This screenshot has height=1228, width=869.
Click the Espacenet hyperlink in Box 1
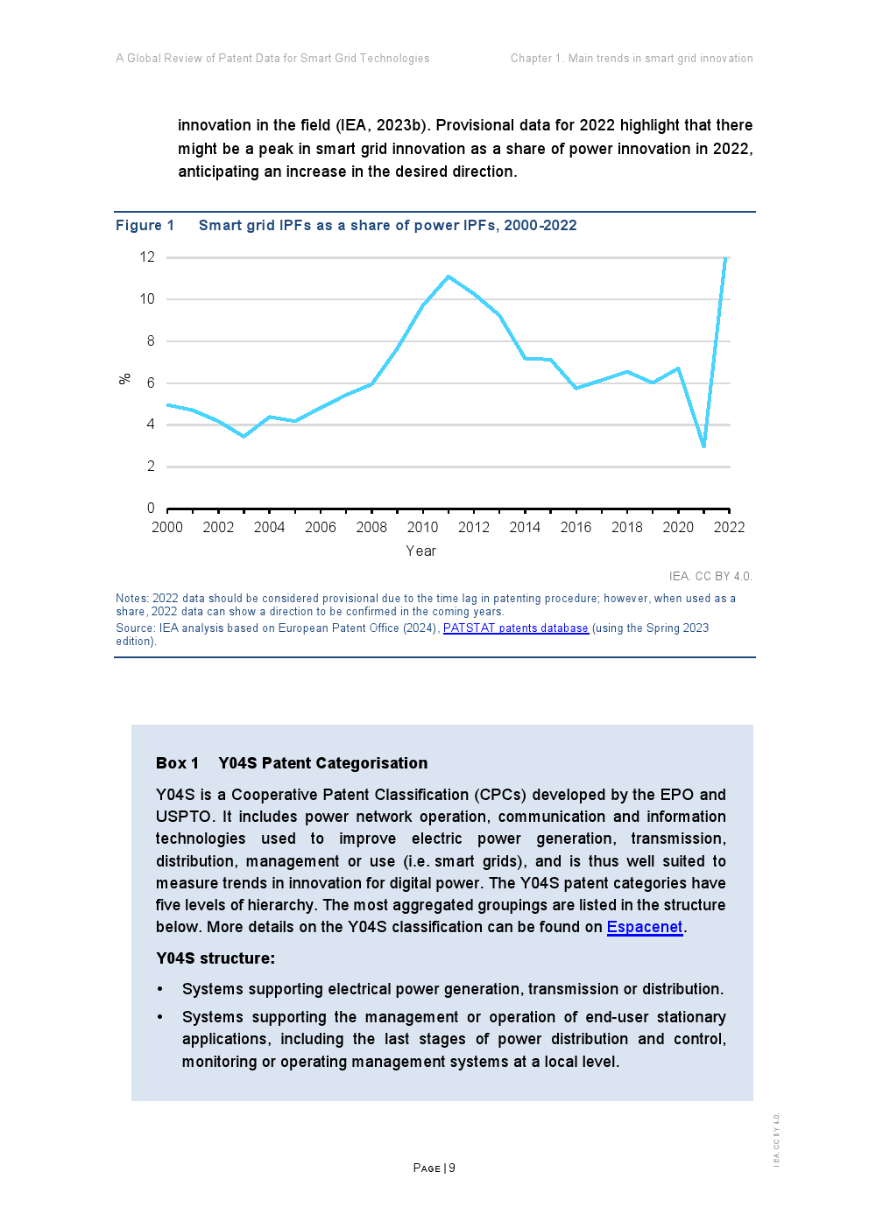click(x=644, y=927)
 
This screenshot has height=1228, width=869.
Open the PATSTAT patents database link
click(x=515, y=628)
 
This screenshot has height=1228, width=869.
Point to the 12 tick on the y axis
click(x=147, y=257)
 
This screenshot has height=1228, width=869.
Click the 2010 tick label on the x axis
click(x=422, y=527)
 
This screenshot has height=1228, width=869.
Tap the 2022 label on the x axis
click(x=729, y=527)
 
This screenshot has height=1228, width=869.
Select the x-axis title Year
click(x=420, y=551)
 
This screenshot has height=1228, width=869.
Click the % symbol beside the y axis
click(x=125, y=379)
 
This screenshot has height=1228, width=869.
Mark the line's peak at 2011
click(x=449, y=277)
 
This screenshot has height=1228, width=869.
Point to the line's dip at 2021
click(x=703, y=446)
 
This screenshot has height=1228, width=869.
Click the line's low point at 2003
click(x=244, y=436)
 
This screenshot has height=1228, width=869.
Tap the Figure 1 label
click(x=145, y=226)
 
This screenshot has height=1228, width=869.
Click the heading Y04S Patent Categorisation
click(x=322, y=763)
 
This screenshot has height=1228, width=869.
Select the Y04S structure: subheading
click(x=215, y=958)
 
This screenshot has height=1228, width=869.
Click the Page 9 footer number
click(x=434, y=1168)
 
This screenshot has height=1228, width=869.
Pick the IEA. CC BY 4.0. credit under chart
click(x=710, y=576)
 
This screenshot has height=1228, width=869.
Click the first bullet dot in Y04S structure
click(x=160, y=990)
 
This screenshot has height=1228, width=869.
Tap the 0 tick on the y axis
click(x=151, y=509)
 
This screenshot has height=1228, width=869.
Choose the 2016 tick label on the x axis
click(x=576, y=527)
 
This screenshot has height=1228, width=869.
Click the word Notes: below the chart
click(x=131, y=599)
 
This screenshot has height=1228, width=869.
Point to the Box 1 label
click(x=177, y=763)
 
